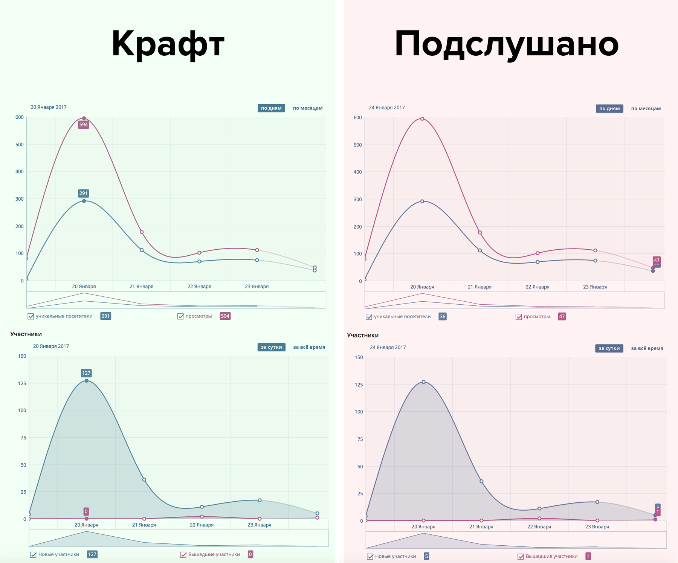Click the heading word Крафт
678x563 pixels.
168,44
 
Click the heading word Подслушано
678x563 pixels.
507,44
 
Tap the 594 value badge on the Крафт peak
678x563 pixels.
83,125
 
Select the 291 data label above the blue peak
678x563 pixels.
83,193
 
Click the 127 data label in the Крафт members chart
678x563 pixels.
86,373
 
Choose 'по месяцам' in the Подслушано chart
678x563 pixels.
646,108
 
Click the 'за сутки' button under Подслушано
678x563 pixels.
609,348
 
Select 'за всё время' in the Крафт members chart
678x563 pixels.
309,347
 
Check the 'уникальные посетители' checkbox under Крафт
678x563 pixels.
31,316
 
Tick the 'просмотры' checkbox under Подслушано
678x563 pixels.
519,317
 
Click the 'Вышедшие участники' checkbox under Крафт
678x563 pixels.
183,555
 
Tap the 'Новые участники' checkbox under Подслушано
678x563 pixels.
370,557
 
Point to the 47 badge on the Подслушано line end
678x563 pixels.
657,261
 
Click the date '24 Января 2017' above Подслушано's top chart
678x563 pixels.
387,108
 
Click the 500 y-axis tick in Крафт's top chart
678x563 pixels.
20,145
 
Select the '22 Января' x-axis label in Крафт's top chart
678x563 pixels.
199,287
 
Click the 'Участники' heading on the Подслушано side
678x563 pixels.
363,335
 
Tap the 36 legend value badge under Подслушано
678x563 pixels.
443,317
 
